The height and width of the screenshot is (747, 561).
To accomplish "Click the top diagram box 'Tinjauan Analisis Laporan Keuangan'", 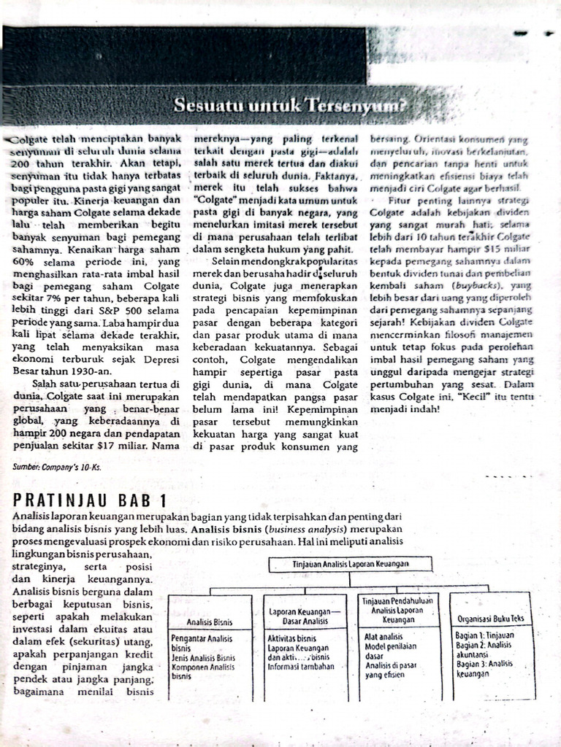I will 350,564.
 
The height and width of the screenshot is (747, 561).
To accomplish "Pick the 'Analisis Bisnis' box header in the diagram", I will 210,622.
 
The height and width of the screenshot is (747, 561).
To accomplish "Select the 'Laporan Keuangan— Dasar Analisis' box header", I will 305,616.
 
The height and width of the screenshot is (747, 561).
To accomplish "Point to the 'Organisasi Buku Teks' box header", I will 491,618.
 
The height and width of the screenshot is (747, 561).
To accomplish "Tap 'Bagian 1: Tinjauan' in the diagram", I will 485,636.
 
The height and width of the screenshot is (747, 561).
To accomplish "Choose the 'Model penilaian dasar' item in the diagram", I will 390,651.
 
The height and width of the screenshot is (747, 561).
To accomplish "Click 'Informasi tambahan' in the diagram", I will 301,666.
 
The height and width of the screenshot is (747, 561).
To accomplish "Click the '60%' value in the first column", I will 25,261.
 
